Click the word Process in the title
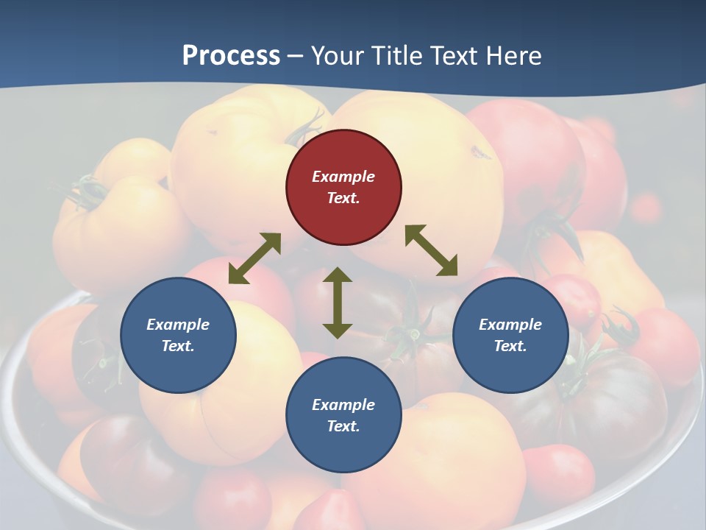[231, 56]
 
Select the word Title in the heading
[399, 56]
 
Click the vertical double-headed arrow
[338, 303]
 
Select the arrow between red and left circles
[254, 258]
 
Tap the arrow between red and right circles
[431, 250]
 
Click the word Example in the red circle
[343, 177]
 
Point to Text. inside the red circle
[343, 198]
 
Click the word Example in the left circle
[178, 325]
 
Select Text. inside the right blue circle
[510, 346]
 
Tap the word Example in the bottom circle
[343, 405]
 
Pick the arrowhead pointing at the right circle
[448, 267]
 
